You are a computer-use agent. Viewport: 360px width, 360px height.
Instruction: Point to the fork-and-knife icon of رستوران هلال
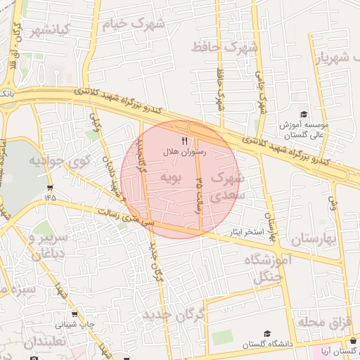[185, 141]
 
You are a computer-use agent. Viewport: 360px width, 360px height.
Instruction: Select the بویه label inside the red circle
[172, 176]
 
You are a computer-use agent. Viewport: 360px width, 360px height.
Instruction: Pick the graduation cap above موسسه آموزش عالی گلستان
[304, 115]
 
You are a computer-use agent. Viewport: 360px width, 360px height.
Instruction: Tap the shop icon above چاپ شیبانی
[75, 316]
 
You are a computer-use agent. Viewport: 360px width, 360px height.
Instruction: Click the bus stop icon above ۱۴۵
[49, 187]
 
